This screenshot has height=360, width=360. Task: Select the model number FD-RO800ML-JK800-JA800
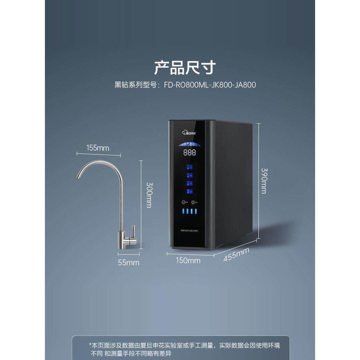click(210, 85)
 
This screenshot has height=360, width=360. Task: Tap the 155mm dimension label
click(98, 148)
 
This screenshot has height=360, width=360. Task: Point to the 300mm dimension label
click(148, 195)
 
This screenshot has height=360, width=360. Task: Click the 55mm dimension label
click(128, 262)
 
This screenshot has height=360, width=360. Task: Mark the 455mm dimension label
click(236, 254)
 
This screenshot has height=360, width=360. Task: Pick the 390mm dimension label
click(264, 180)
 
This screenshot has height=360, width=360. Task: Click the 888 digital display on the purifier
click(189, 152)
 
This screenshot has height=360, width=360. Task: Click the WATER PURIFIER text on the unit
click(189, 231)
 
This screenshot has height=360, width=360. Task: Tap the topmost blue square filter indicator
click(189, 167)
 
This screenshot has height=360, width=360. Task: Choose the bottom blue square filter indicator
click(189, 191)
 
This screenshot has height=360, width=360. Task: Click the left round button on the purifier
click(184, 203)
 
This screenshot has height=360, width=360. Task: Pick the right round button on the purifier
click(193, 203)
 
